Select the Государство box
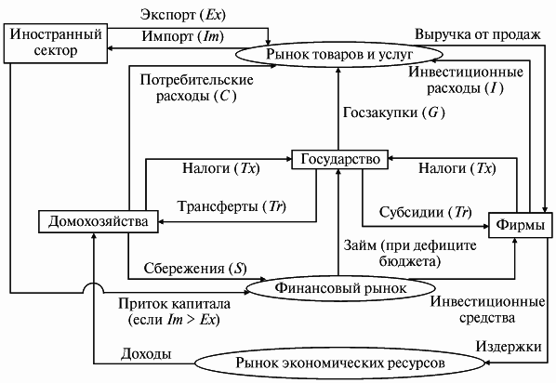[x=338, y=160]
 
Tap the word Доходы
[x=146, y=353]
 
